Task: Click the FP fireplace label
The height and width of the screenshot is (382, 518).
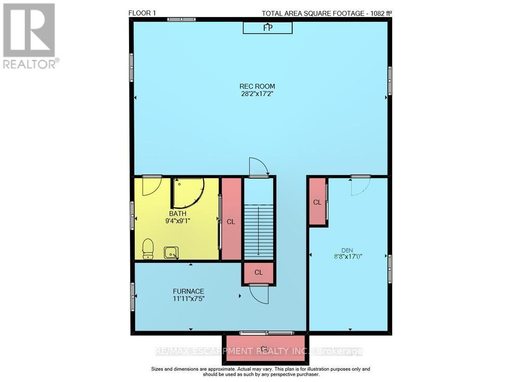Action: [x=267, y=28]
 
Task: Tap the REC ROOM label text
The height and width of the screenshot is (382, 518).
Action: [x=257, y=86]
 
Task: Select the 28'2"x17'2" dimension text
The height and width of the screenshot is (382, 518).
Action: [x=257, y=94]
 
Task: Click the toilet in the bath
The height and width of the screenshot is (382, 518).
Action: [x=148, y=249]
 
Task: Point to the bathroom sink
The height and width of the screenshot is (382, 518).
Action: [x=171, y=252]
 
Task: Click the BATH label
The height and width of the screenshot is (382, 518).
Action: [x=177, y=213]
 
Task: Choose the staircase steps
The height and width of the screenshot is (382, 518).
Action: [x=258, y=231]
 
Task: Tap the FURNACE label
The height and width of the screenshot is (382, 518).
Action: [x=189, y=291]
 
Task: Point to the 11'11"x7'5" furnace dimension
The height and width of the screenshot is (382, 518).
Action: [x=189, y=298]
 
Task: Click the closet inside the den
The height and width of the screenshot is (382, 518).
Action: [x=317, y=202]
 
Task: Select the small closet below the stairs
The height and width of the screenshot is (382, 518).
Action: [x=258, y=273]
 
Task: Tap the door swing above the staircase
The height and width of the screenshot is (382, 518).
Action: [x=258, y=167]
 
